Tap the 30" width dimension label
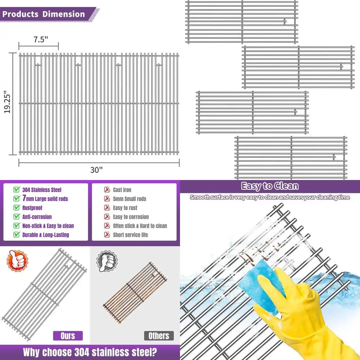click(96, 170)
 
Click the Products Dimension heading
click(44, 15)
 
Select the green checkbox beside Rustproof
click(16, 208)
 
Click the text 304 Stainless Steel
click(42, 190)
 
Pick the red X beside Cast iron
click(107, 190)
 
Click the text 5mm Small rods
click(129, 199)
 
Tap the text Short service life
click(130, 235)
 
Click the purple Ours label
click(68, 336)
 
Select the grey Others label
click(159, 336)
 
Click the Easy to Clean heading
click(270, 186)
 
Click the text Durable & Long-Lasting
click(45, 235)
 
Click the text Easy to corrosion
click(131, 217)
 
